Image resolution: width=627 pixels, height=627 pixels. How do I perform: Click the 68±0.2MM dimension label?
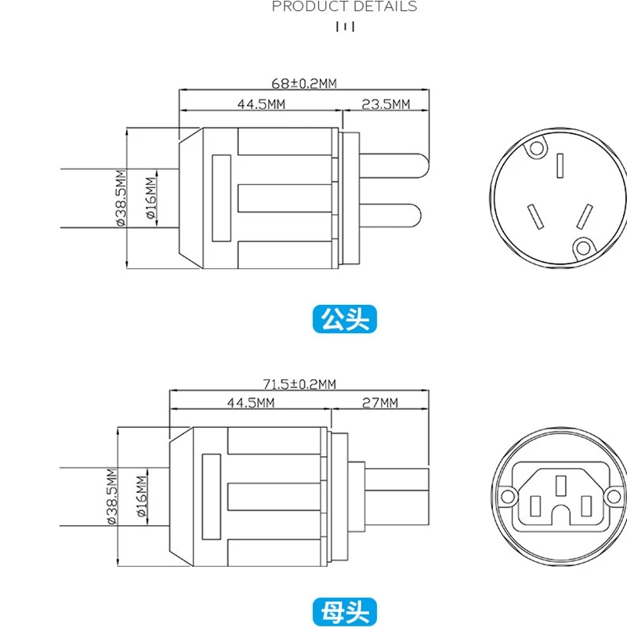click(x=304, y=83)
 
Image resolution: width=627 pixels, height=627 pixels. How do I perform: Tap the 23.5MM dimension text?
click(x=386, y=104)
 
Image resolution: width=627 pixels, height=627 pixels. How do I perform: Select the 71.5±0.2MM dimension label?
click(x=299, y=384)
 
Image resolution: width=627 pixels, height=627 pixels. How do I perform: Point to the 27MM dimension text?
click(x=380, y=403)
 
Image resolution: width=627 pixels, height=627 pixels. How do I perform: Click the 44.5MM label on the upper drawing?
click(x=261, y=104)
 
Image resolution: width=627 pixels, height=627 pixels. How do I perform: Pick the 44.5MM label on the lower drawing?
click(x=251, y=403)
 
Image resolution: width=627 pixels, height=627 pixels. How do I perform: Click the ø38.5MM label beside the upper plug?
click(x=121, y=198)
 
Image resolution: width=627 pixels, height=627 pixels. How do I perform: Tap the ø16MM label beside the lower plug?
click(x=142, y=496)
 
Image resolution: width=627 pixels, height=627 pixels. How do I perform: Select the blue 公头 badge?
click(x=345, y=319)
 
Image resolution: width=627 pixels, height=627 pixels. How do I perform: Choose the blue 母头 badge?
click(x=345, y=611)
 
